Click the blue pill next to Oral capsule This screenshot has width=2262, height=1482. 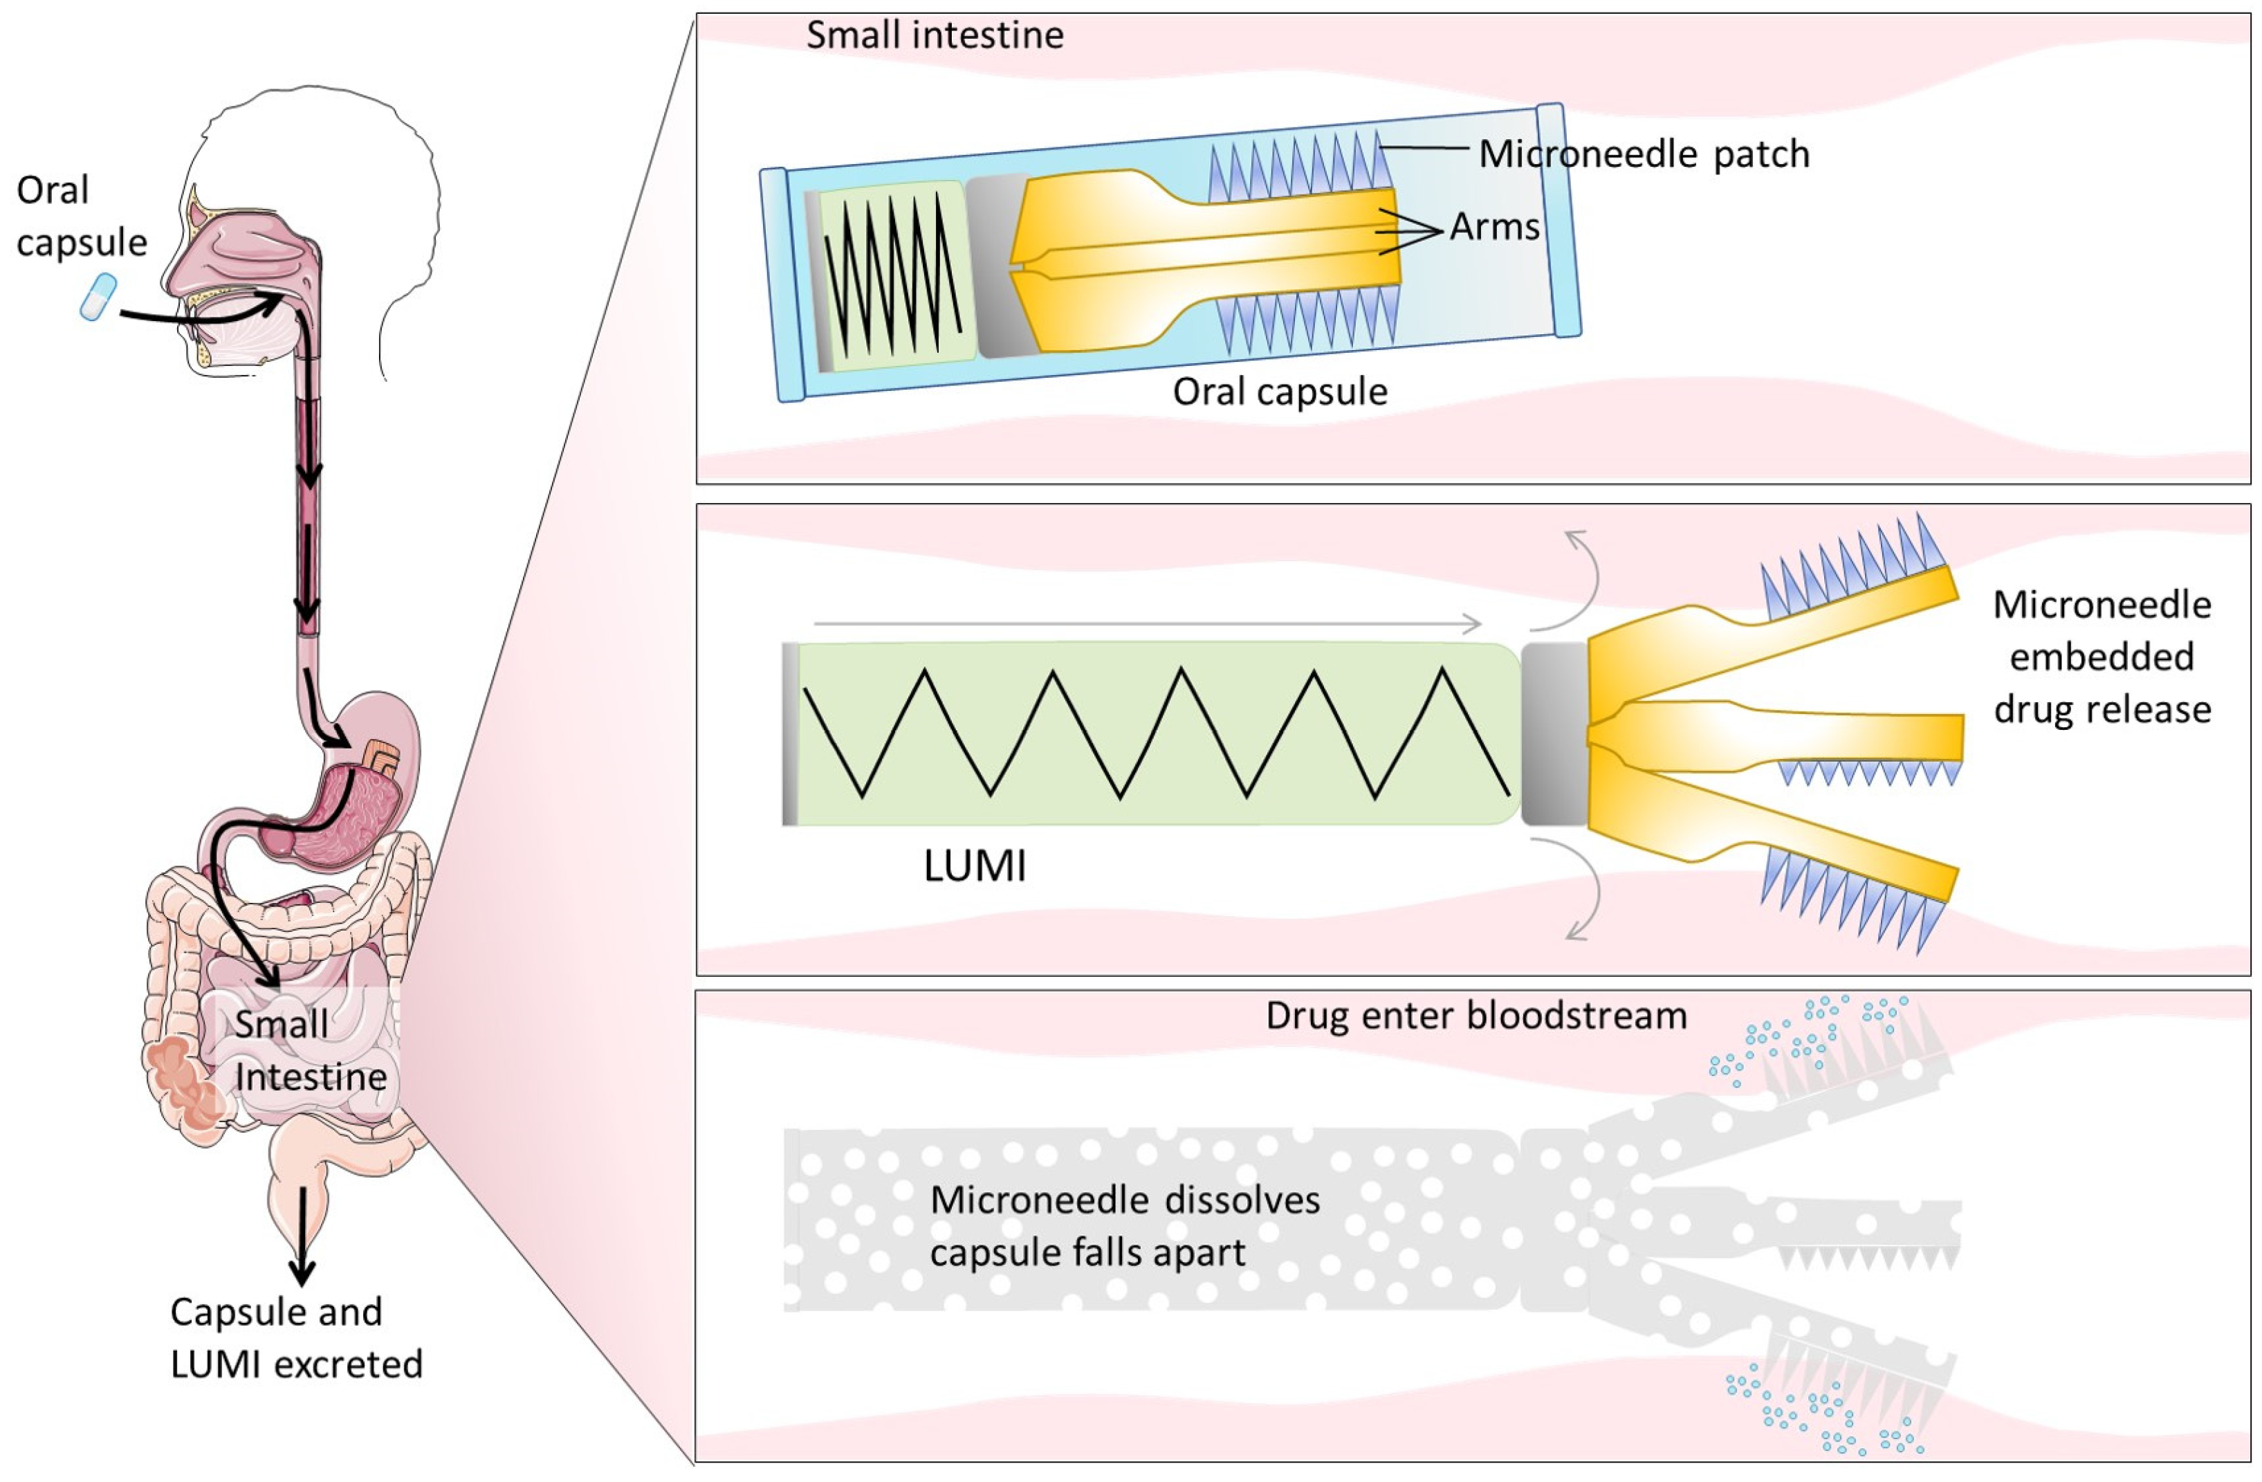point(98,297)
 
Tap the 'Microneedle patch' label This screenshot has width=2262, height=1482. point(1644,154)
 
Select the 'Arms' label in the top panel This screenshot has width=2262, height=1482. point(1494,227)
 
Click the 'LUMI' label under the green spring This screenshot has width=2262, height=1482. point(974,866)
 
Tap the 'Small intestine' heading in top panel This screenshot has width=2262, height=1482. point(935,35)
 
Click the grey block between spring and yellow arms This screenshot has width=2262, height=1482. point(1554,734)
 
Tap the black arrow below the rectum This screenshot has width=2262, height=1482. point(303,1236)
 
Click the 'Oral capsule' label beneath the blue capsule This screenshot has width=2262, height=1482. point(1279,392)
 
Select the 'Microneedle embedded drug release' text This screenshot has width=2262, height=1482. point(2102,657)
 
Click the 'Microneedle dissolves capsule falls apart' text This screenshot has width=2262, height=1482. point(1124,1226)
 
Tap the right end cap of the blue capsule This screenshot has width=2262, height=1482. point(1558,221)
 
